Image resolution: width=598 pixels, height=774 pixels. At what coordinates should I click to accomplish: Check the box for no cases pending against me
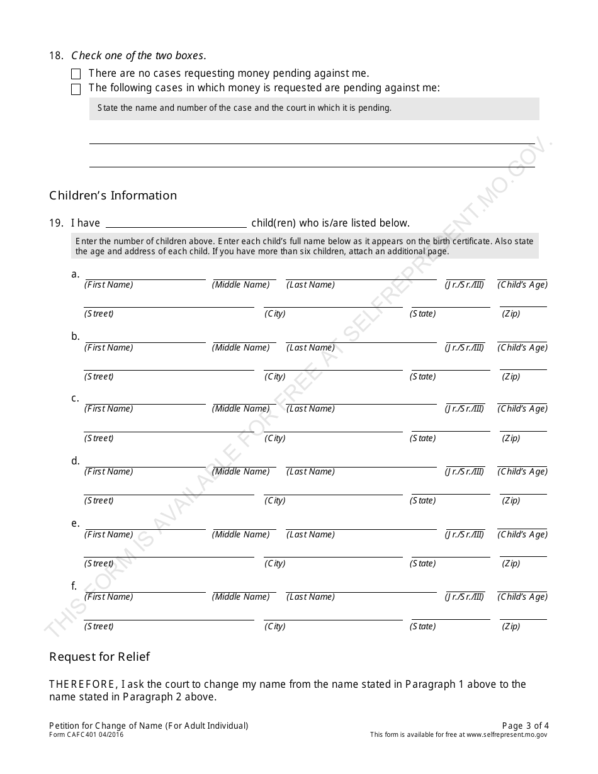pos(76,74)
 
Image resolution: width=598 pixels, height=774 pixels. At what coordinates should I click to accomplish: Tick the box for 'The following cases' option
pos(76,89)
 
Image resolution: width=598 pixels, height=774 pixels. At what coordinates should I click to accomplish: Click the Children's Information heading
pos(113,196)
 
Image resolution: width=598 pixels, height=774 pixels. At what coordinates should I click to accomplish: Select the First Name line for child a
pos(145,276)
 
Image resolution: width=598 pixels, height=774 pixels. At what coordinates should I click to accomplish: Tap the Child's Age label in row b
pos(522,348)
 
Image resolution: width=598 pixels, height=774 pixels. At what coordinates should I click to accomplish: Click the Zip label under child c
pos(511,439)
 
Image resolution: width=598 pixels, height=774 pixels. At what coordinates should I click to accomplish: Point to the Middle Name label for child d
pos(241,472)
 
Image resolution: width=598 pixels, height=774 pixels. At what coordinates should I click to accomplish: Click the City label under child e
pos(275,564)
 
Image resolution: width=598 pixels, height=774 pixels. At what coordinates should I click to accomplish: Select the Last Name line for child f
pos(361,589)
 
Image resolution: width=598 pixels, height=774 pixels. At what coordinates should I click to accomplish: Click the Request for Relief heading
pos(99,657)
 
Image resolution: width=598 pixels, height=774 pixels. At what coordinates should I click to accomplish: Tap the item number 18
pos(56,55)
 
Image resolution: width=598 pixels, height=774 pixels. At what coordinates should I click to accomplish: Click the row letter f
pos(74,586)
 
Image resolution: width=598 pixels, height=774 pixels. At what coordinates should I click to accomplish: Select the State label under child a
pos(422,314)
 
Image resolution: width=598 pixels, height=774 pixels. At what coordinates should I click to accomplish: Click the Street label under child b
pos(99,377)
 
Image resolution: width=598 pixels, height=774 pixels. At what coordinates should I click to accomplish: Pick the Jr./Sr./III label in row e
pos(465,535)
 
